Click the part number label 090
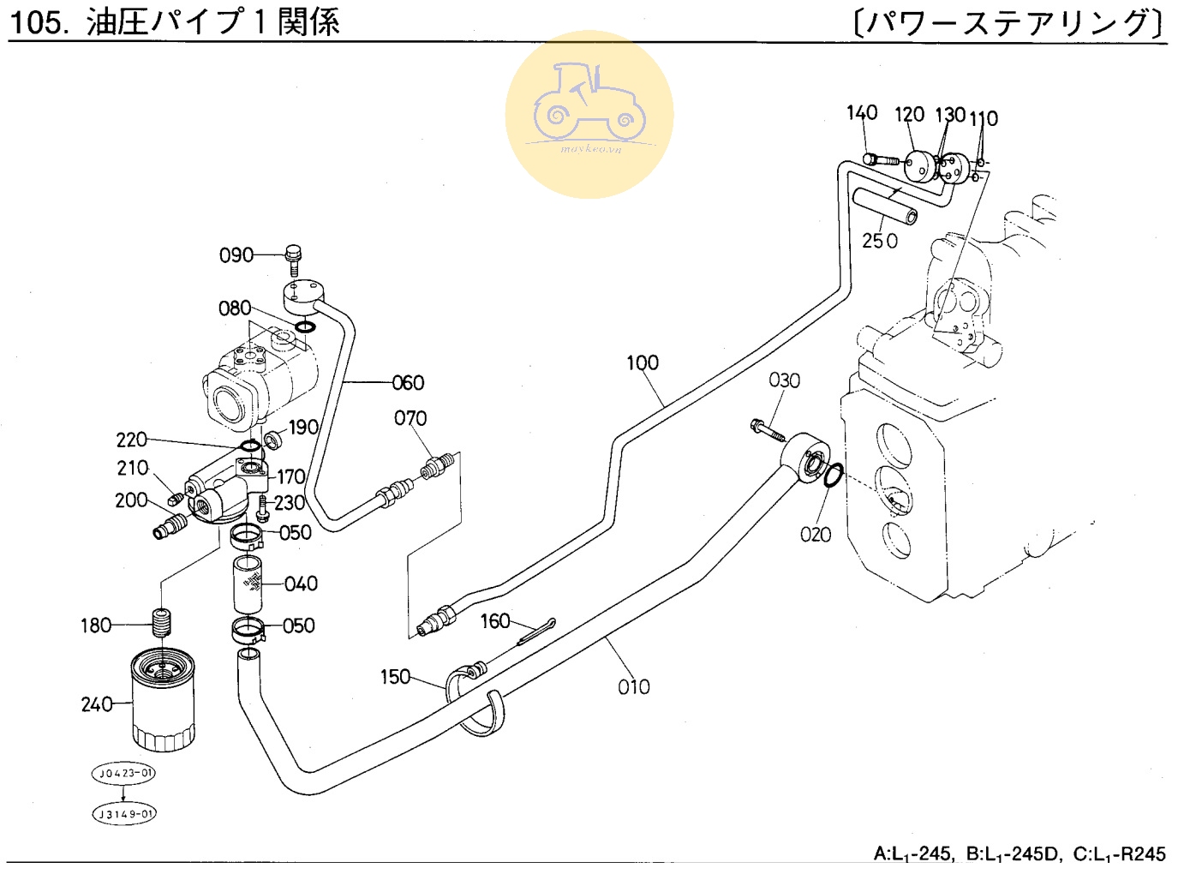pyautogui.click(x=236, y=255)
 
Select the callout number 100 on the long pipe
pyautogui.click(x=643, y=363)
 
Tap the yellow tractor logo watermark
pyautogui.click(x=589, y=114)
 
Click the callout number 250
pyautogui.click(x=880, y=241)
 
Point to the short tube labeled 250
pyautogui.click(x=885, y=207)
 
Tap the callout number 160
pyautogui.click(x=495, y=621)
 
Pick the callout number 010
pyautogui.click(x=634, y=686)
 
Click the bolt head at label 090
pyautogui.click(x=294, y=254)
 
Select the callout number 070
pyautogui.click(x=410, y=418)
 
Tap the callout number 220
pyautogui.click(x=132, y=440)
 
